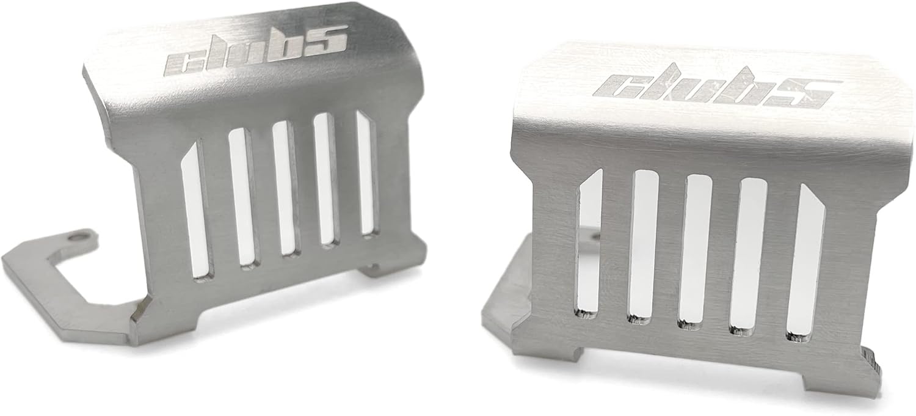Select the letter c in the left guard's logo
coord(183,60)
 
